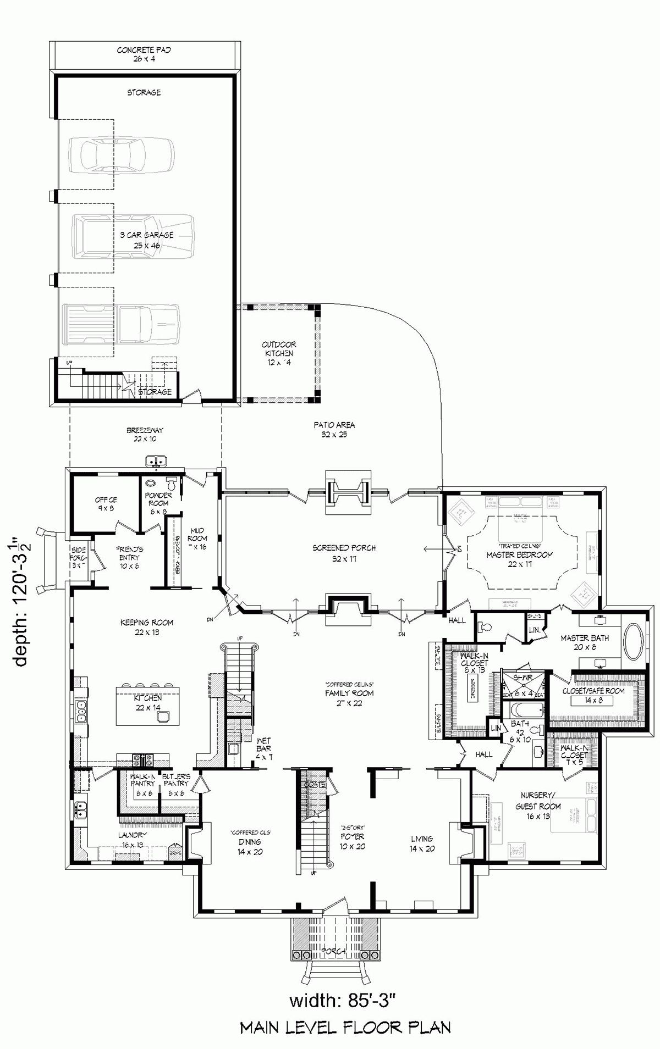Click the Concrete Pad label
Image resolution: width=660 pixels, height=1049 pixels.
144,54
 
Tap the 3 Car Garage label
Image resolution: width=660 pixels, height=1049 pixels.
147,240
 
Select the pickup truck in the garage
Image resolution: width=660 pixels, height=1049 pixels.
122,324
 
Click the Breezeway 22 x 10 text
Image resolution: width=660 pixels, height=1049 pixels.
145,435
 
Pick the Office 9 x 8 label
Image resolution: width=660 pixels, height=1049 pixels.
106,504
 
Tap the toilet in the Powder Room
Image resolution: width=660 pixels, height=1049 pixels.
172,485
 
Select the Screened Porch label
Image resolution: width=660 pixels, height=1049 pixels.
344,553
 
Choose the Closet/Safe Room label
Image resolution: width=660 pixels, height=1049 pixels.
593,695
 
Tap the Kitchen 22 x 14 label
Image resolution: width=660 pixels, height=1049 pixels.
148,702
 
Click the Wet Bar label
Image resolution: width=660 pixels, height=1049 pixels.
263,753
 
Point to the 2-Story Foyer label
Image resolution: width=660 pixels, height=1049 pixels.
352,841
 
